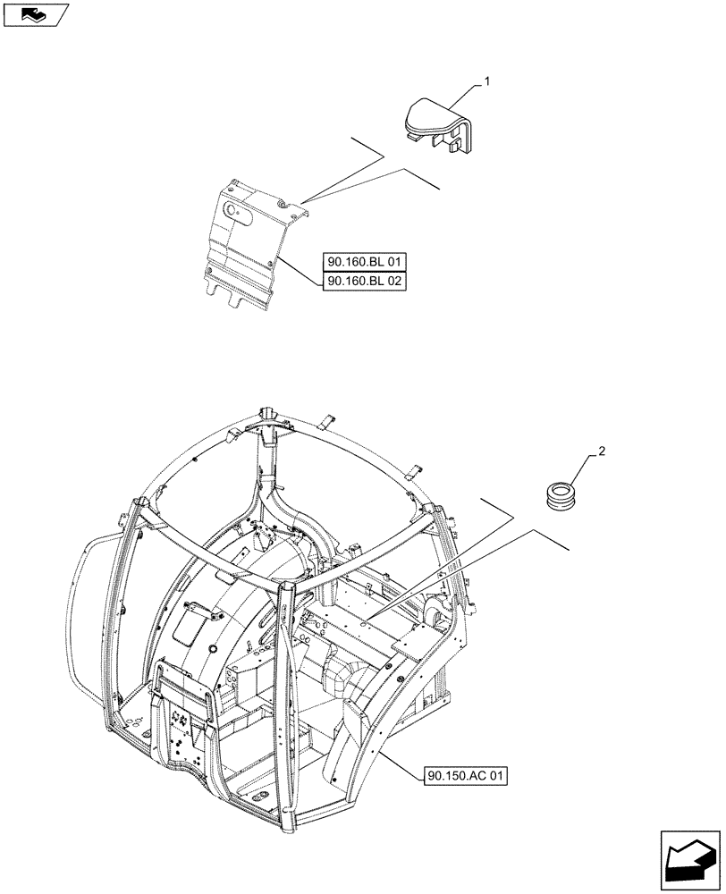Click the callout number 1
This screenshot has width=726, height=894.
[488, 81]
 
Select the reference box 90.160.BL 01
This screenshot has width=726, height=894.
[366, 262]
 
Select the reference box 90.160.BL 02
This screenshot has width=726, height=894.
[366, 280]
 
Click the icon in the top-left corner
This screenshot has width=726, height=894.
[36, 14]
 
